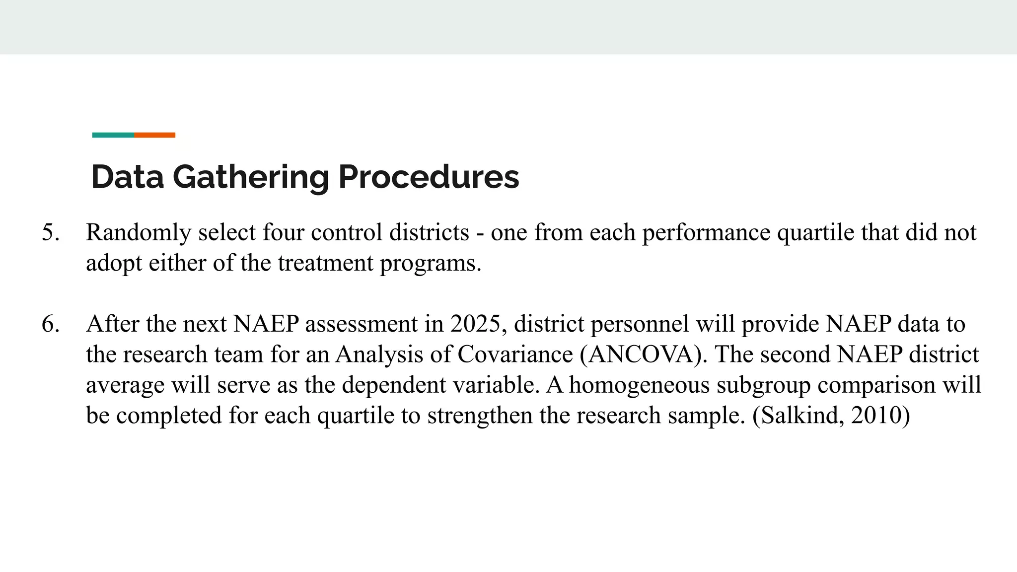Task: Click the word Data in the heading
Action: (x=127, y=177)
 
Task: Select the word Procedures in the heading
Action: (x=429, y=177)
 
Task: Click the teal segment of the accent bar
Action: (x=113, y=135)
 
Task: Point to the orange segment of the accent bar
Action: (x=154, y=135)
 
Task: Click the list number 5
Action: (x=50, y=232)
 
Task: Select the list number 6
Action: (x=50, y=324)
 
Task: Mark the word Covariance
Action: (x=515, y=355)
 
